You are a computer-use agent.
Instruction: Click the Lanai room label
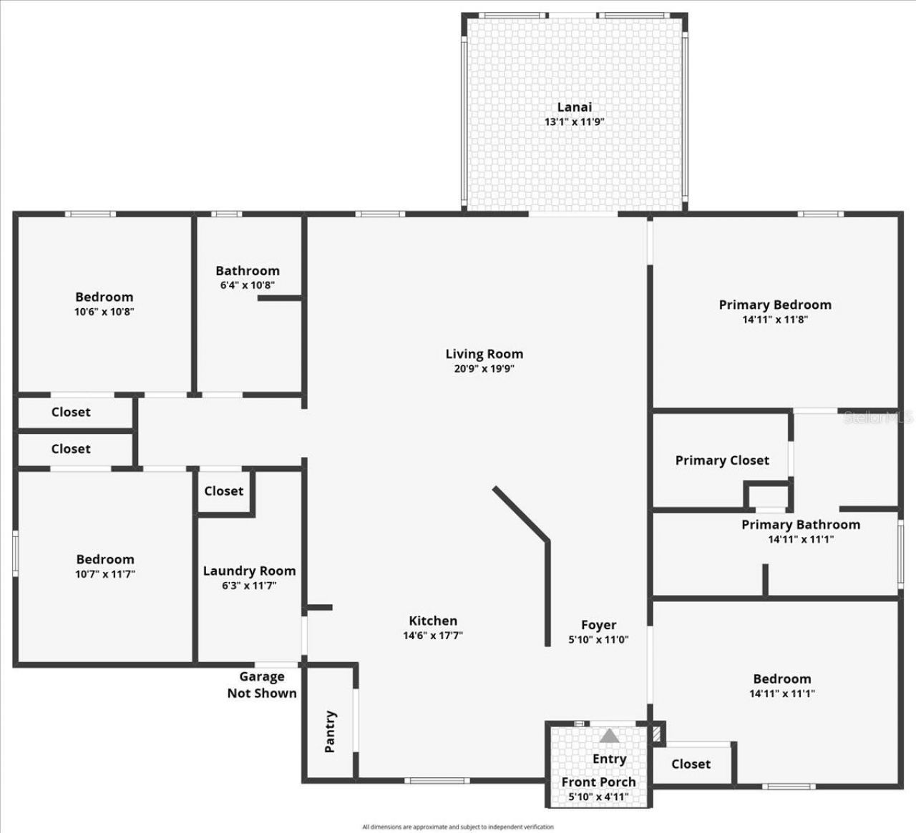click(574, 107)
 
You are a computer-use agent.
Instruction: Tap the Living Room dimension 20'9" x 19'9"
click(484, 369)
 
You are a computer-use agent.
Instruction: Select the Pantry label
click(330, 731)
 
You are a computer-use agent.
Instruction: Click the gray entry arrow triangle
click(609, 736)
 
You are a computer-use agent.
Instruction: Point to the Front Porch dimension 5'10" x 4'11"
click(598, 797)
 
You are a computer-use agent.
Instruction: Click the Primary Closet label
click(721, 460)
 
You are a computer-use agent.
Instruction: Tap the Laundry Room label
click(249, 571)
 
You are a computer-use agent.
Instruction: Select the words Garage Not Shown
click(262, 684)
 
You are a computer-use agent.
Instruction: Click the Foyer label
click(598, 625)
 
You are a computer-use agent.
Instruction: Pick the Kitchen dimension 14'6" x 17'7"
click(432, 635)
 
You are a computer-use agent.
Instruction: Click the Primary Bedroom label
click(775, 305)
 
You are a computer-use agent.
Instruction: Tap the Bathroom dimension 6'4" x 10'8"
click(248, 285)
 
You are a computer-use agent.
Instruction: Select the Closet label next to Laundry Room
click(223, 491)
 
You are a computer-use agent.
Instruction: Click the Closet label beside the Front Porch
click(691, 764)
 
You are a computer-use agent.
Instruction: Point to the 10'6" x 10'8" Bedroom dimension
click(104, 312)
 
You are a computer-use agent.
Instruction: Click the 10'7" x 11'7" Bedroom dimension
click(105, 573)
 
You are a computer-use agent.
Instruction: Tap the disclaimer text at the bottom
click(457, 827)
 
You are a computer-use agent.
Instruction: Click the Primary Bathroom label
click(800, 524)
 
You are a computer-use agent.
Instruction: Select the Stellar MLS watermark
click(878, 417)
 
